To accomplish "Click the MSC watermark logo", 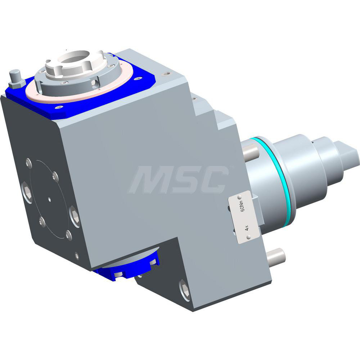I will pyautogui.click(x=179, y=179).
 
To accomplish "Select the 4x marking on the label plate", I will pyautogui.click(x=247, y=228).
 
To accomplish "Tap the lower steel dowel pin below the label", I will pyautogui.click(x=276, y=256).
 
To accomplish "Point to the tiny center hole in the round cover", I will pyautogui.click(x=50, y=198).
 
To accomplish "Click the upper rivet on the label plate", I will pyautogui.click(x=239, y=197).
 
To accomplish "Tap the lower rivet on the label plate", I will pyautogui.click(x=249, y=237).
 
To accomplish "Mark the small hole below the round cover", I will pyautogui.click(x=77, y=256).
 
